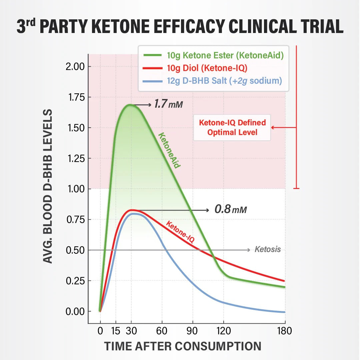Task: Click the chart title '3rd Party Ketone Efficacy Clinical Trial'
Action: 180,26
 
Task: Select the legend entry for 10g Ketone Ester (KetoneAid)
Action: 213,55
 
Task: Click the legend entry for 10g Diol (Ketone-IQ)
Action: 200,68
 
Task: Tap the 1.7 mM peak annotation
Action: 168,105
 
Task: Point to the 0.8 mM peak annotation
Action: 231,210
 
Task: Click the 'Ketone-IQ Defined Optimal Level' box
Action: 232,127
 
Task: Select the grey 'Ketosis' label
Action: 267,249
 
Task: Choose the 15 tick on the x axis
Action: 116,331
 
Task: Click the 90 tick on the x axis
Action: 193,331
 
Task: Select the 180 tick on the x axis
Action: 285,331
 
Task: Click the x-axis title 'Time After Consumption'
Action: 182,346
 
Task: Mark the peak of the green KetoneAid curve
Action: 130,105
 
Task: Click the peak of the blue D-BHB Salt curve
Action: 133,214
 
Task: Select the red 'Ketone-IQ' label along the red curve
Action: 180,231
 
